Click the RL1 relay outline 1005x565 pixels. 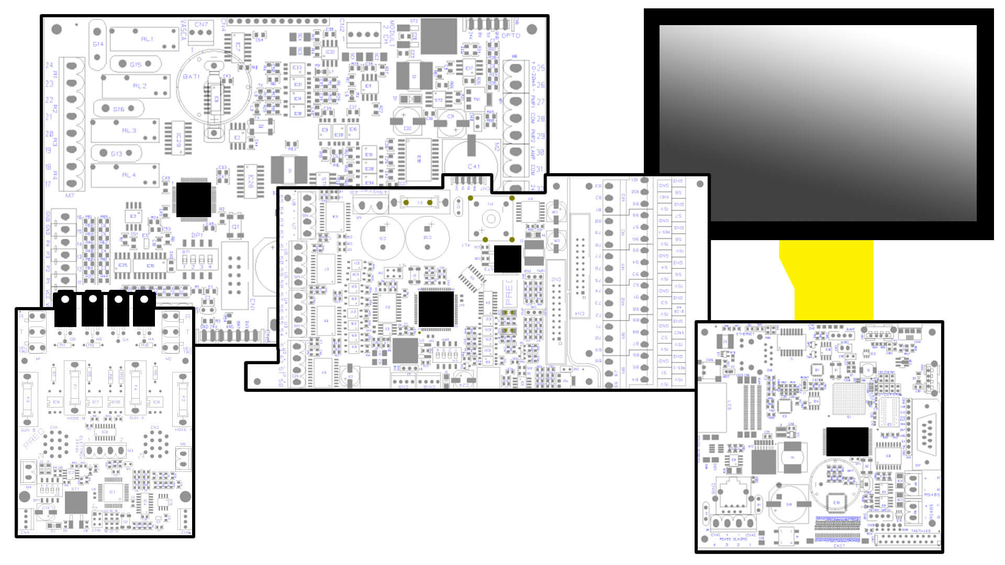pyautogui.click(x=144, y=39)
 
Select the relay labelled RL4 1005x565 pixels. pyautogui.click(x=126, y=175)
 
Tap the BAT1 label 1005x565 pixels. pyautogui.click(x=191, y=76)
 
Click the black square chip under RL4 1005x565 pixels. pyautogui.click(x=194, y=199)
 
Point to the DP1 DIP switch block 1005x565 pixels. pyautogui.click(x=197, y=259)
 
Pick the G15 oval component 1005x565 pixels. pyautogui.click(x=135, y=64)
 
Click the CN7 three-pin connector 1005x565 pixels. pyautogui.click(x=201, y=33)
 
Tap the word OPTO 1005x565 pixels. pyautogui.click(x=511, y=36)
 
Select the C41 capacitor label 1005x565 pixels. pyautogui.click(x=473, y=166)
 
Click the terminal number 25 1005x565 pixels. pyautogui.click(x=540, y=68)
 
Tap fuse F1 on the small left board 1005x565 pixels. pyautogui.click(x=75, y=387)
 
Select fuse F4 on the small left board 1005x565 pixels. pyautogui.click(x=136, y=388)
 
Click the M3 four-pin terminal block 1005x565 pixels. pyautogui.click(x=105, y=450)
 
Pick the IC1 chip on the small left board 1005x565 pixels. pyautogui.click(x=113, y=492)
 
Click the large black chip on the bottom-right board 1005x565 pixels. pyautogui.click(x=847, y=442)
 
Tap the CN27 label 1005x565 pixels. pyautogui.click(x=839, y=546)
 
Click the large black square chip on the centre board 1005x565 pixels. pyautogui.click(x=436, y=309)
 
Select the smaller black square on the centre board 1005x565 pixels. pyautogui.click(x=507, y=258)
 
